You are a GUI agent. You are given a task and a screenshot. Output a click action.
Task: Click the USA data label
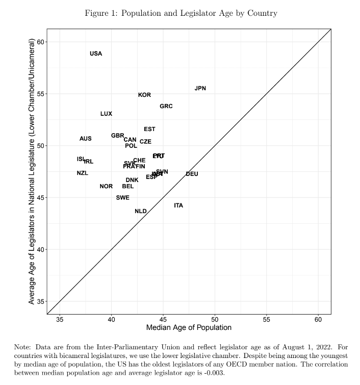click(x=96, y=54)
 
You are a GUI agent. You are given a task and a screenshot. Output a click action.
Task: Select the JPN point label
click(x=200, y=88)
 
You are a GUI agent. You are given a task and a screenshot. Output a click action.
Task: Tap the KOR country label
click(x=144, y=95)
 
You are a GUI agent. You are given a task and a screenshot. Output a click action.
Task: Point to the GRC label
click(x=166, y=106)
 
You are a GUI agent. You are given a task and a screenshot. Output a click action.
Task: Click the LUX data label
click(x=106, y=114)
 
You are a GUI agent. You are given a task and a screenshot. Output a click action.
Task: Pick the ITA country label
click(x=178, y=206)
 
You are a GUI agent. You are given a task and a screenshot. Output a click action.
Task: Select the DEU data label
click(x=192, y=174)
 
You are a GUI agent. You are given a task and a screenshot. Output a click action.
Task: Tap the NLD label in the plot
click(x=141, y=211)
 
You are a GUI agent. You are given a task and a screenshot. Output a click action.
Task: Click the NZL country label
click(x=83, y=173)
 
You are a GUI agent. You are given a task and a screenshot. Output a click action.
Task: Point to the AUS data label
click(x=86, y=139)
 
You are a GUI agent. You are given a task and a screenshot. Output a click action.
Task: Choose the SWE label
click(x=123, y=197)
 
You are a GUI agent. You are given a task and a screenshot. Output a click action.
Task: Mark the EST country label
click(x=149, y=129)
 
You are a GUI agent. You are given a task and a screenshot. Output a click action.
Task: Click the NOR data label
click(x=106, y=186)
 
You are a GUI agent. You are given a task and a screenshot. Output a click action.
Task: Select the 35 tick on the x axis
click(x=60, y=319)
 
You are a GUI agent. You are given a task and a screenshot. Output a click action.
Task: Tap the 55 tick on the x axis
click(x=267, y=319)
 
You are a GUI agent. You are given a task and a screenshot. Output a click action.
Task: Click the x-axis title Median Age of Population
click(x=189, y=328)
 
